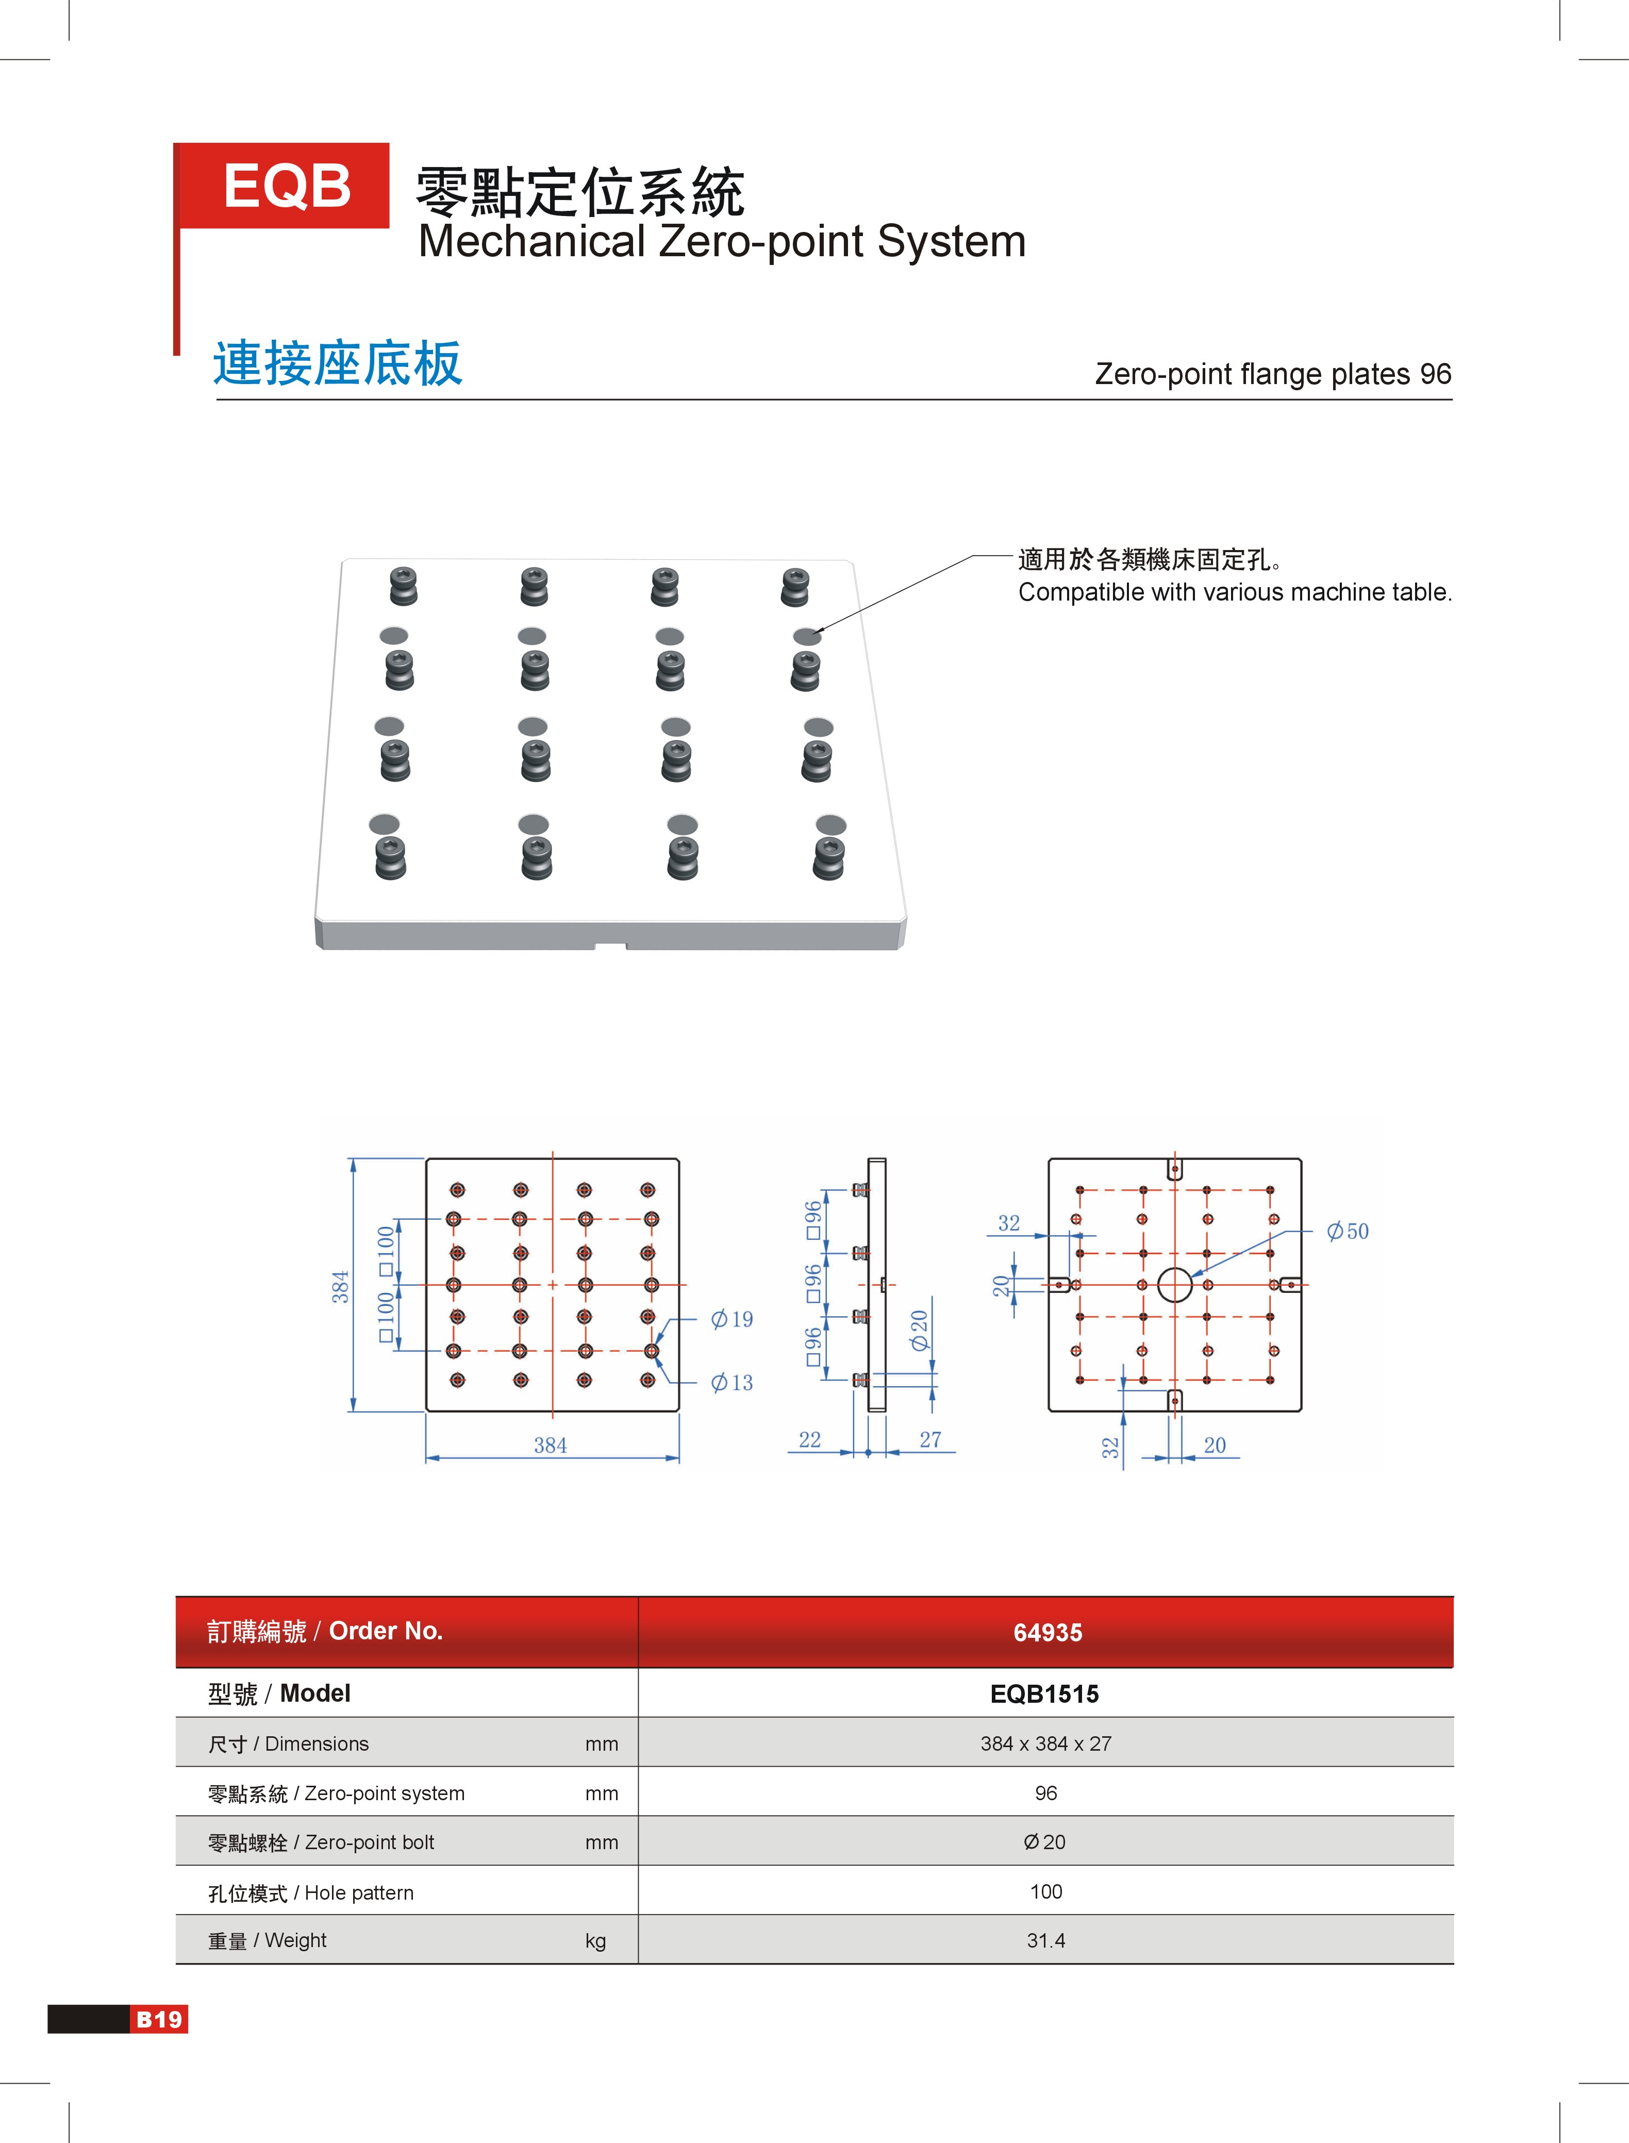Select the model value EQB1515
(x=1044, y=1694)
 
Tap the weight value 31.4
(x=1045, y=1940)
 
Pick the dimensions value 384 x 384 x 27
(x=1045, y=1743)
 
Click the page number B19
(x=159, y=2019)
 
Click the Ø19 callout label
(x=732, y=1319)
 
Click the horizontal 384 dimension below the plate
(x=551, y=1445)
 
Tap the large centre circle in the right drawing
(x=1174, y=1285)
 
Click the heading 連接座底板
(x=338, y=363)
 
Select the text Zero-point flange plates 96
(x=1272, y=374)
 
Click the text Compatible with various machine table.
(x=1234, y=592)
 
